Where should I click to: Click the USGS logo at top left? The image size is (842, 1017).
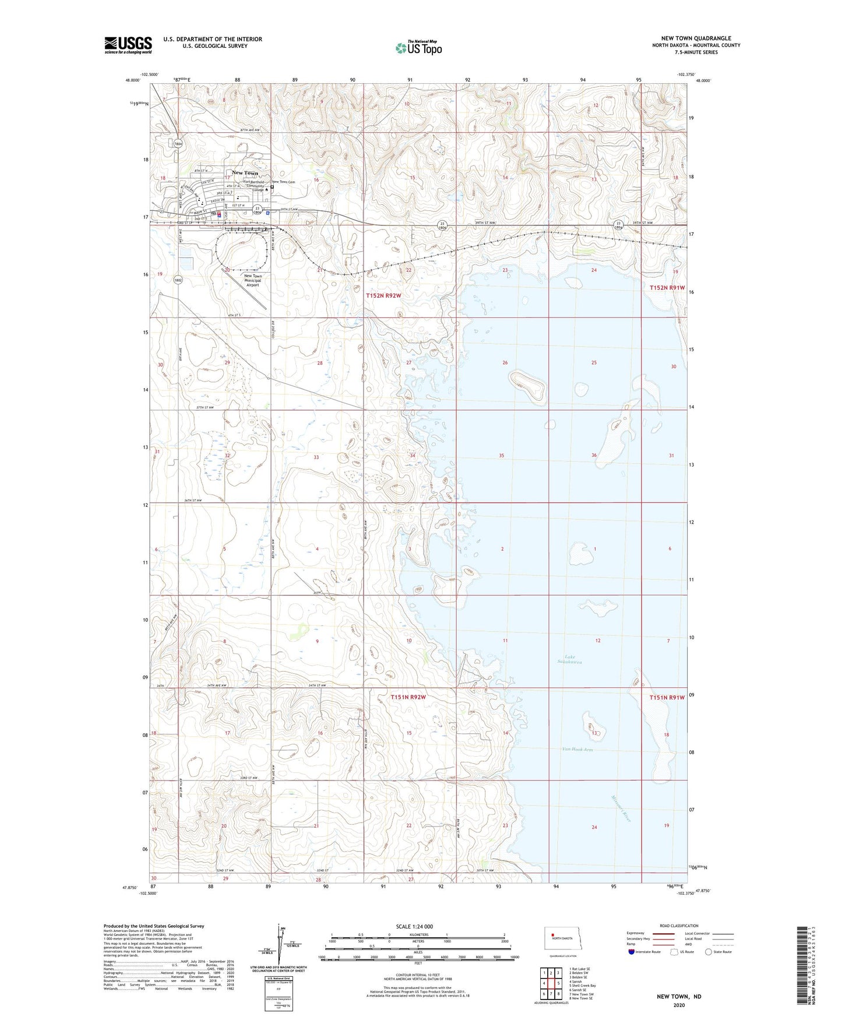point(128,45)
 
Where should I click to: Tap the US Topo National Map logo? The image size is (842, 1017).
point(418,47)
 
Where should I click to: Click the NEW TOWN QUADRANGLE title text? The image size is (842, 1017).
point(692,38)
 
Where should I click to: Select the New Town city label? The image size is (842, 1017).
point(244,173)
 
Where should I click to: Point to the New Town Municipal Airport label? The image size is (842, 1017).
point(252,281)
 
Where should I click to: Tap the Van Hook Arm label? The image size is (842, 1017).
point(577,749)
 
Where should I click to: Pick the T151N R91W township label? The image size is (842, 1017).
point(667,697)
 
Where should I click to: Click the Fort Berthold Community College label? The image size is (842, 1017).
point(254,186)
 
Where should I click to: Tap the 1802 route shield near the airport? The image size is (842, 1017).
point(178,280)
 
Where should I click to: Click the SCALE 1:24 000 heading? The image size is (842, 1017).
point(414,927)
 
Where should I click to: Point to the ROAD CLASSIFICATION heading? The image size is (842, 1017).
point(679,926)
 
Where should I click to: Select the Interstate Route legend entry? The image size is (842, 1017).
point(644,952)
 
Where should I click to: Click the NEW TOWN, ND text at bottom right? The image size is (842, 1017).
point(679,997)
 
